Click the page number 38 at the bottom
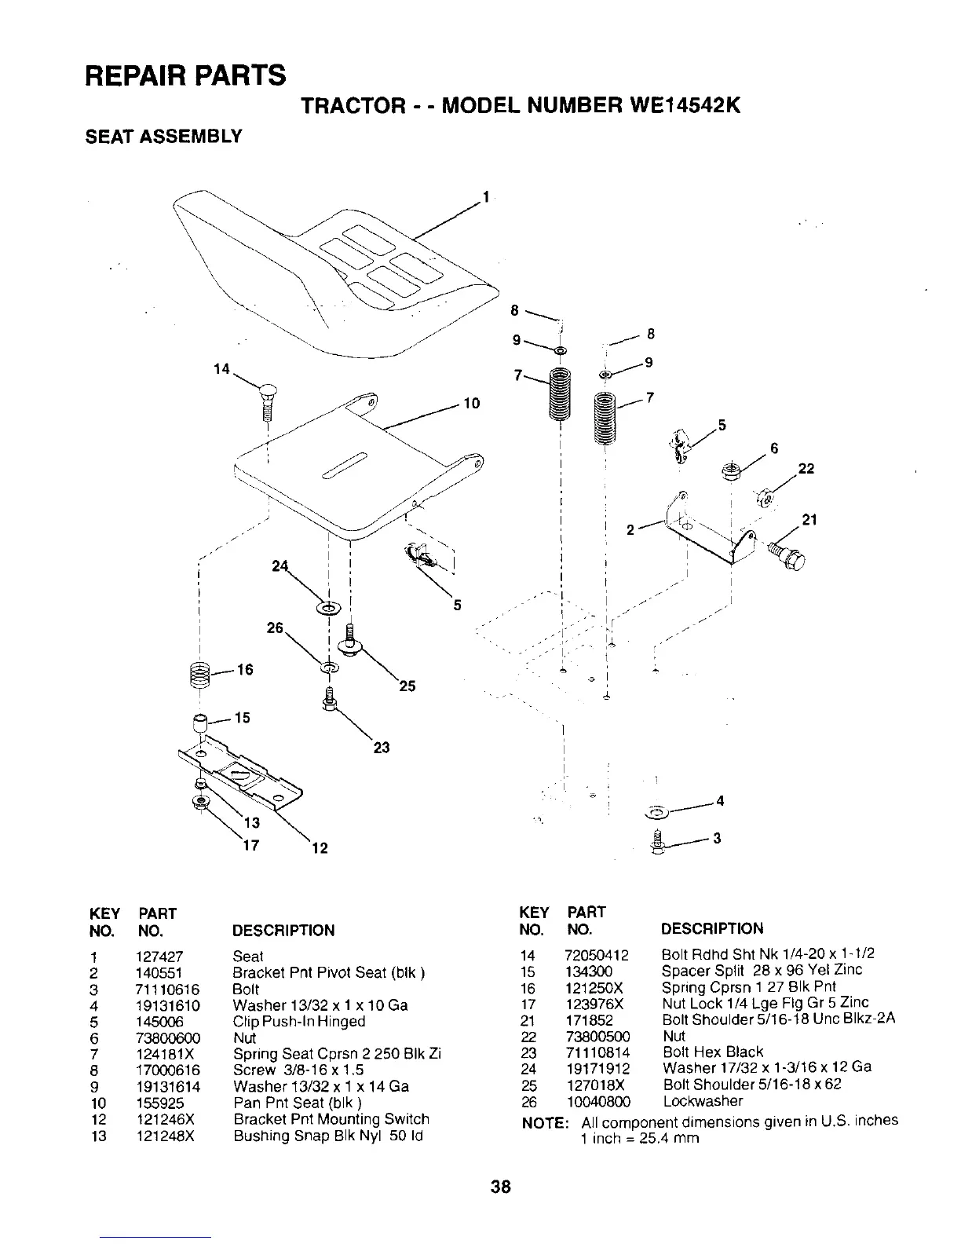coord(501,1186)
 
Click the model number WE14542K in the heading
coord(676,105)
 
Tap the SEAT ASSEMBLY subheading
coord(163,137)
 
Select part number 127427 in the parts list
coord(161,957)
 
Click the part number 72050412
coord(597,955)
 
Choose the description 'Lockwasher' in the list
coord(703,1101)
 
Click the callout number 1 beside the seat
coord(487,196)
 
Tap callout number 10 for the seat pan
coord(472,404)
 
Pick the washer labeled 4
coord(656,810)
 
